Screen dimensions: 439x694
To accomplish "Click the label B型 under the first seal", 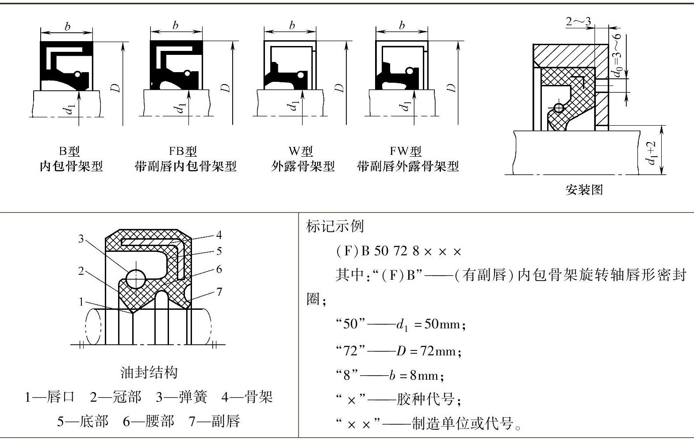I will click(69, 151).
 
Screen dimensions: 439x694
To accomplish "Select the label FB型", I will click(183, 151).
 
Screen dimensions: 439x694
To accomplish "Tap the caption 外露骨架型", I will click(303, 166).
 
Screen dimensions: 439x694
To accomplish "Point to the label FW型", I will click(405, 151).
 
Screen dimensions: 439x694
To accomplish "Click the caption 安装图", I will click(584, 190).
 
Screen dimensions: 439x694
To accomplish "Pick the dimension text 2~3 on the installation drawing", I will click(578, 21).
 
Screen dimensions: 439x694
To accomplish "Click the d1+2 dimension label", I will click(651, 153).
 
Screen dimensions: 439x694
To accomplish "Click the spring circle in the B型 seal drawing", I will click(77, 74).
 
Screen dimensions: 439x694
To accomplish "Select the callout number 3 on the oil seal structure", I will click(81, 239).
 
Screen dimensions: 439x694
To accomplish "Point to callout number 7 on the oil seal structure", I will click(219, 292).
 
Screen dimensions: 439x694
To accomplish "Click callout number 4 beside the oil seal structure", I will click(219, 235).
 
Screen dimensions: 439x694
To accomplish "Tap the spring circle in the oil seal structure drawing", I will click(136, 279).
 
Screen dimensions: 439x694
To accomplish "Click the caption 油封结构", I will click(149, 373).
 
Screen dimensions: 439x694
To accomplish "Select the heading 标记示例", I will click(335, 226).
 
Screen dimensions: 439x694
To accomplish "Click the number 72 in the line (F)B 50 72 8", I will click(400, 251).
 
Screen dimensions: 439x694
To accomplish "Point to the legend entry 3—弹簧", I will click(181, 397).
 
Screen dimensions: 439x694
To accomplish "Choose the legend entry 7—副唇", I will click(215, 421).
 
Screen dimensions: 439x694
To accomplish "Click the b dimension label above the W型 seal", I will click(292, 25).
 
